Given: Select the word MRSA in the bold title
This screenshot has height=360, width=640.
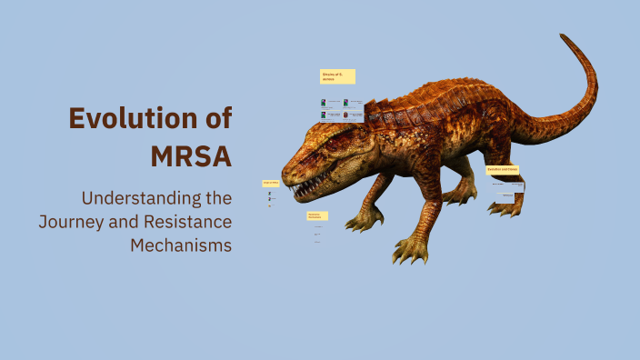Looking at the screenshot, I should pos(190,155).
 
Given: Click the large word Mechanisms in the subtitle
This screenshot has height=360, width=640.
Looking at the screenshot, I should pos(181,245).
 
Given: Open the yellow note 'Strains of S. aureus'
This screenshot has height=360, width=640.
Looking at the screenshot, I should pos(336,76).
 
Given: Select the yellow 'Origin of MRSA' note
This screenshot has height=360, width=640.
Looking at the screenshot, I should pos(270,183).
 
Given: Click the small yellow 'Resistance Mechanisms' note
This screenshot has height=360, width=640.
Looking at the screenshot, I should pos(317,216).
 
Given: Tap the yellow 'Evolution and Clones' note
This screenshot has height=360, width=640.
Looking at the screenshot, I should pos(502,170).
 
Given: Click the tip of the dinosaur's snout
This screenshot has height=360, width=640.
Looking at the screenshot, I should pos(284,174).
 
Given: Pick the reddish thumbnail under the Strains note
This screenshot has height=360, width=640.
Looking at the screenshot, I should pos(346,115).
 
